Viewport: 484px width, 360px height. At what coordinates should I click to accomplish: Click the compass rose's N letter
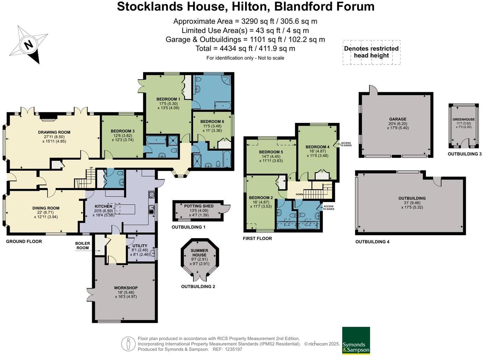tap(29, 45)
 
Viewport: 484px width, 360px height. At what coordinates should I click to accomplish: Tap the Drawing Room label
tap(54, 132)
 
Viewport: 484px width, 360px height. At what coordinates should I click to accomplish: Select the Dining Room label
tap(46, 208)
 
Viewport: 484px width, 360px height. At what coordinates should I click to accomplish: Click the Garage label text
tap(398, 119)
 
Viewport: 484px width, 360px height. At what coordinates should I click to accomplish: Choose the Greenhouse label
tap(464, 119)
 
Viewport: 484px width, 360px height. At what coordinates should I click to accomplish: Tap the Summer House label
tap(200, 253)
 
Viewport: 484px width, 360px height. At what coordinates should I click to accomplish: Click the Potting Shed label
tap(199, 206)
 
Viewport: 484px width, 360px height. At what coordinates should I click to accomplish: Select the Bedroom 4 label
tap(317, 147)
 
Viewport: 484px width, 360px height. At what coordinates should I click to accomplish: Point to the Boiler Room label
tap(82, 245)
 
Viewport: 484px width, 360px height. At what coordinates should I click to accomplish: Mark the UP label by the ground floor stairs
tap(91, 168)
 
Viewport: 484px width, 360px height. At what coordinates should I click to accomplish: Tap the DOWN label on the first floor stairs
tap(300, 194)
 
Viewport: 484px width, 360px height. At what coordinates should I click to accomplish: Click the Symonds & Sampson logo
tap(356, 340)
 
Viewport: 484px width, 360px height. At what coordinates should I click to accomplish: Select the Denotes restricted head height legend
tap(371, 52)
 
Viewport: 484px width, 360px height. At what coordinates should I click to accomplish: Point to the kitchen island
tap(124, 209)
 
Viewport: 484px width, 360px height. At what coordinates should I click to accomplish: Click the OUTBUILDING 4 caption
tap(372, 242)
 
